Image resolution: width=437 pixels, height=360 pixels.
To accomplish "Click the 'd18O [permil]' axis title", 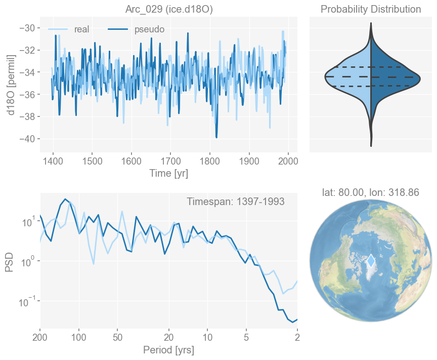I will pyautogui.click(x=11, y=84).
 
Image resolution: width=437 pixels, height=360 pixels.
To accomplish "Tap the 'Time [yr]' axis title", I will pyautogui.click(x=168, y=173).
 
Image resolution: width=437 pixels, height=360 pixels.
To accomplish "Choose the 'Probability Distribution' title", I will pyautogui.click(x=371, y=9).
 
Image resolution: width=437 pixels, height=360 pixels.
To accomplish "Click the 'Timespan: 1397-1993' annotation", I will pyautogui.click(x=236, y=202).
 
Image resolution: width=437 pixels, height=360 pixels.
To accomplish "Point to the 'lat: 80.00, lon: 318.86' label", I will pyautogui.click(x=371, y=192).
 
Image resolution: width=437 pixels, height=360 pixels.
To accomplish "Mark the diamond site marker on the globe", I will pyautogui.click(x=371, y=261).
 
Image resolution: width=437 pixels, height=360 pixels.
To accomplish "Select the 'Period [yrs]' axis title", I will pyautogui.click(x=168, y=350).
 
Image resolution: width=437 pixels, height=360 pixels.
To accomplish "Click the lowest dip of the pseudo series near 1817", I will pyautogui.click(x=216, y=137).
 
